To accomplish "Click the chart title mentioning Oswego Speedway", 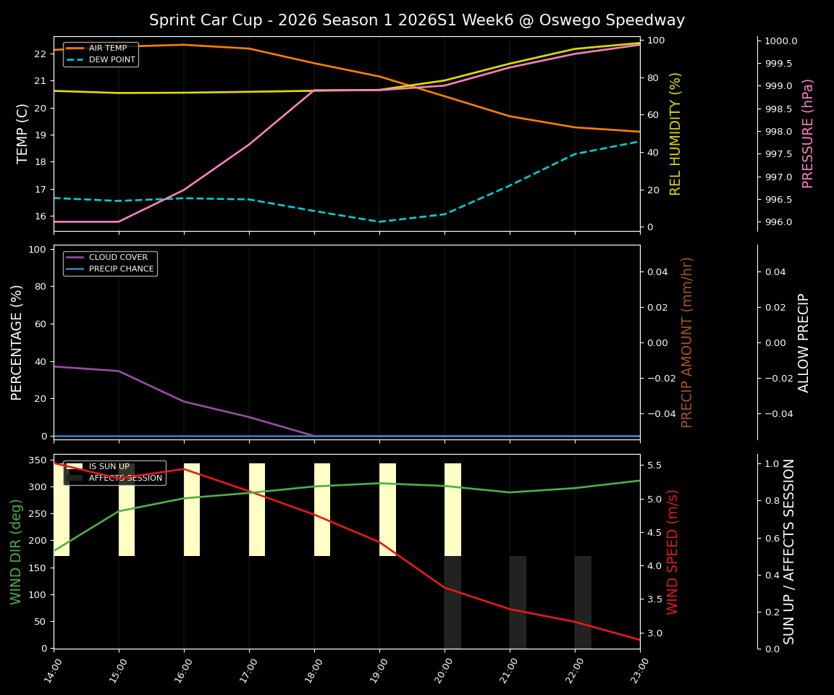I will pos(416,20).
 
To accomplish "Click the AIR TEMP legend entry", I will pos(107,49).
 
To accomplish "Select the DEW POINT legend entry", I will pos(111,60).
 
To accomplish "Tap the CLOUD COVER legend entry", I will pos(118,258).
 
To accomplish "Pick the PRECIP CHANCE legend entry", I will pos(121,269).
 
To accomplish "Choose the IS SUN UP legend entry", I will pos(109,467).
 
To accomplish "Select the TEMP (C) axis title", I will pos(23,133).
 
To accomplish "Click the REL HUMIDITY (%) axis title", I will pos(676,133).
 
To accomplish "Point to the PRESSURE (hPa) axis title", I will pos(809,133).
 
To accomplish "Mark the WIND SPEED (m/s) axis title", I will pos(673,552).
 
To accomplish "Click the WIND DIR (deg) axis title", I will pos(16,552).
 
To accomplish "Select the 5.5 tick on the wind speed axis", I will pos(654,466).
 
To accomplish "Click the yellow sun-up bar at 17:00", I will pos(257,510).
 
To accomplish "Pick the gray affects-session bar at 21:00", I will pos(518,602).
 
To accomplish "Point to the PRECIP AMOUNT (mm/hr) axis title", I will pos(687,342).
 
